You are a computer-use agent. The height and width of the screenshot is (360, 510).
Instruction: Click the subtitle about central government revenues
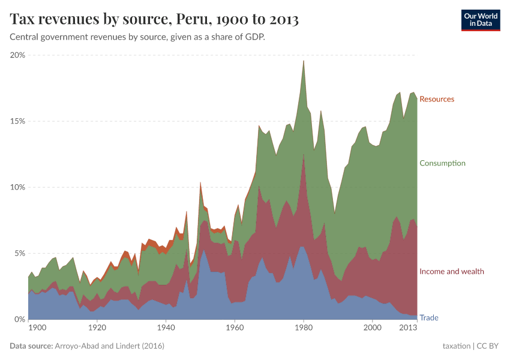[x=137, y=37]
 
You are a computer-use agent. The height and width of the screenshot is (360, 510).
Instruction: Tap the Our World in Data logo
[x=480, y=20]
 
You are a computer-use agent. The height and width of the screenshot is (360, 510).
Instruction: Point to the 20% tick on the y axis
[x=18, y=55]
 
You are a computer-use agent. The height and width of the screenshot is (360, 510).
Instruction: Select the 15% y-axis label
[x=18, y=121]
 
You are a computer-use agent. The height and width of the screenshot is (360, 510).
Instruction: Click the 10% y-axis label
[x=18, y=187]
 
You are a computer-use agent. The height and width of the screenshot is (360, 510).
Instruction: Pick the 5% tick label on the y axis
[x=20, y=253]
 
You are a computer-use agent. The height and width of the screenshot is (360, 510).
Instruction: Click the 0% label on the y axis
[x=20, y=319]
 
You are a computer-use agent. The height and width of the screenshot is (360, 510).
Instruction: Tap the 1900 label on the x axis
[x=37, y=328]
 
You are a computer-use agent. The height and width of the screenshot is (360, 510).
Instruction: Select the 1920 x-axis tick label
[x=97, y=328]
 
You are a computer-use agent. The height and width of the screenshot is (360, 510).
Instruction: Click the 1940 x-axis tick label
[x=166, y=328]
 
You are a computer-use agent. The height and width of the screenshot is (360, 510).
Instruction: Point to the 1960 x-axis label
[x=235, y=328]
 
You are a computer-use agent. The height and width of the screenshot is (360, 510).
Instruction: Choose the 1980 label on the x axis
[x=304, y=328]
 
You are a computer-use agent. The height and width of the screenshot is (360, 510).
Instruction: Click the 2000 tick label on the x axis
[x=373, y=328]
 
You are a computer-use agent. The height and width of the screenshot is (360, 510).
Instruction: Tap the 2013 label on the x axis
[x=408, y=328]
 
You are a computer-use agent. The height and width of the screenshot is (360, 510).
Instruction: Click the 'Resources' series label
[x=437, y=99]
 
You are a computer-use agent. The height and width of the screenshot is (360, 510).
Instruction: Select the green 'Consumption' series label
[x=442, y=163]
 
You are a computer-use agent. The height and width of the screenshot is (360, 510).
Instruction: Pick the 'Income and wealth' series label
[x=452, y=272]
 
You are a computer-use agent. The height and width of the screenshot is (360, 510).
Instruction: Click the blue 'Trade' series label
[x=428, y=317]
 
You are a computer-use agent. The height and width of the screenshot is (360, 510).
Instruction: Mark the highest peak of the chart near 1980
[x=304, y=61]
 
